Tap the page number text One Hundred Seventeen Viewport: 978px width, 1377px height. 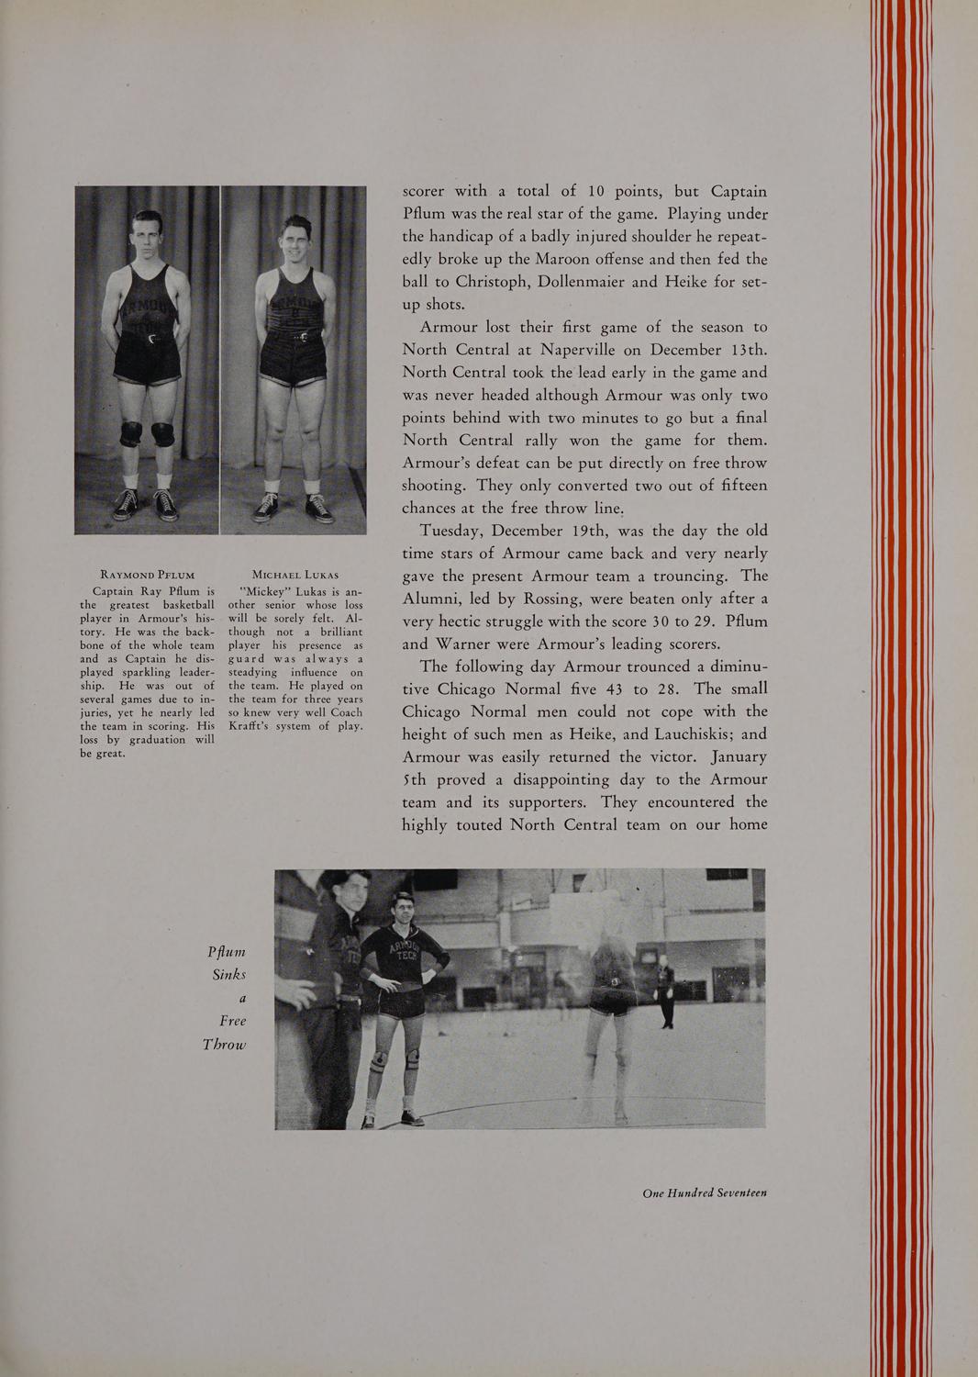pyautogui.click(x=705, y=1192)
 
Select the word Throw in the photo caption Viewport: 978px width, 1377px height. pyautogui.click(x=225, y=1045)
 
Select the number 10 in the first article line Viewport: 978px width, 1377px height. pyautogui.click(x=596, y=192)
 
